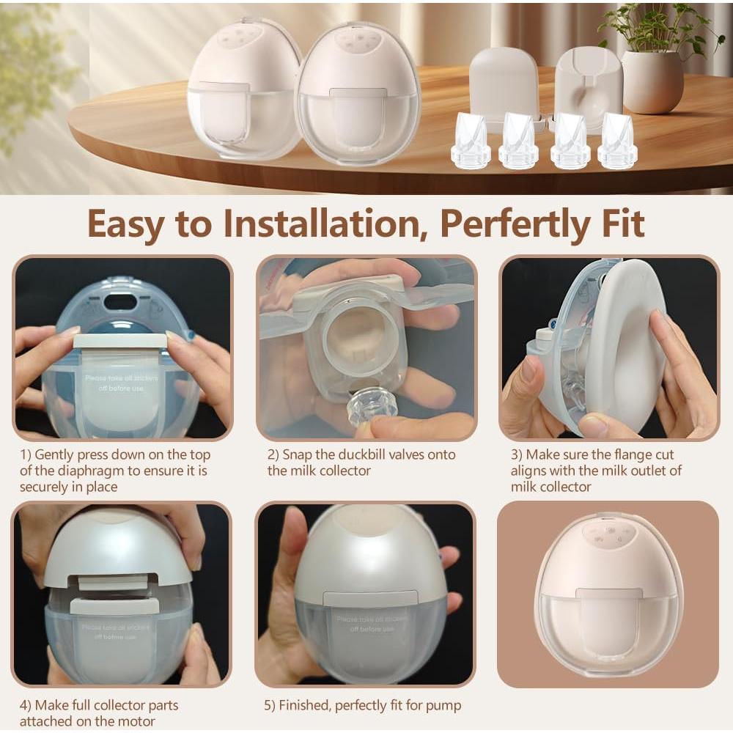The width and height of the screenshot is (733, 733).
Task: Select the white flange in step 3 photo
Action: (x=623, y=337)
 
